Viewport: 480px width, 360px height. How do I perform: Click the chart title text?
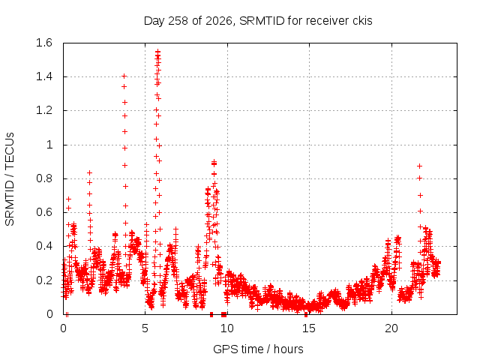click(258, 21)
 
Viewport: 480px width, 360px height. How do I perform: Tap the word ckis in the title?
click(362, 21)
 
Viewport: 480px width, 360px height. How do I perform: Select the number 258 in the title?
click(178, 21)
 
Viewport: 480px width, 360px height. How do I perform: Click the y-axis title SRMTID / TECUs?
click(10, 179)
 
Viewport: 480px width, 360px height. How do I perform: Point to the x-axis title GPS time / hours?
click(258, 349)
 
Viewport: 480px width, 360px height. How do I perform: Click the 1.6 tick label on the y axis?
click(44, 43)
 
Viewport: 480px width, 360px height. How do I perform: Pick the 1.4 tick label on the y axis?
click(44, 76)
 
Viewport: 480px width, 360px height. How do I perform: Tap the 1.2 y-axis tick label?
click(44, 110)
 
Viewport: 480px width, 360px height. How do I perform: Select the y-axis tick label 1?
click(49, 145)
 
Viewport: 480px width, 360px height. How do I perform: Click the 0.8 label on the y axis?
click(44, 178)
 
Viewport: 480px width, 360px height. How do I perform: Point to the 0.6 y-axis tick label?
click(44, 212)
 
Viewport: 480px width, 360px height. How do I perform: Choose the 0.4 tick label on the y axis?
click(44, 246)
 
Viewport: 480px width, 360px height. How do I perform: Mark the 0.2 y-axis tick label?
click(44, 280)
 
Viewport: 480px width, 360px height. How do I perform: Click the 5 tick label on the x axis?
click(145, 328)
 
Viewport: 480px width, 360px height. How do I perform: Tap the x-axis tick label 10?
click(227, 328)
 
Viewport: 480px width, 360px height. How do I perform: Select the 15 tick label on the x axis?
click(309, 328)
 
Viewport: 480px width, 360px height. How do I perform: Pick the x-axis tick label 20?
click(391, 328)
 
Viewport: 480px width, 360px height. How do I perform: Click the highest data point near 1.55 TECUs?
click(157, 51)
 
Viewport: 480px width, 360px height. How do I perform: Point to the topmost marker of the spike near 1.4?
click(124, 76)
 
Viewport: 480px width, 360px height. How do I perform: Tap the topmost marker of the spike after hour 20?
click(420, 166)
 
